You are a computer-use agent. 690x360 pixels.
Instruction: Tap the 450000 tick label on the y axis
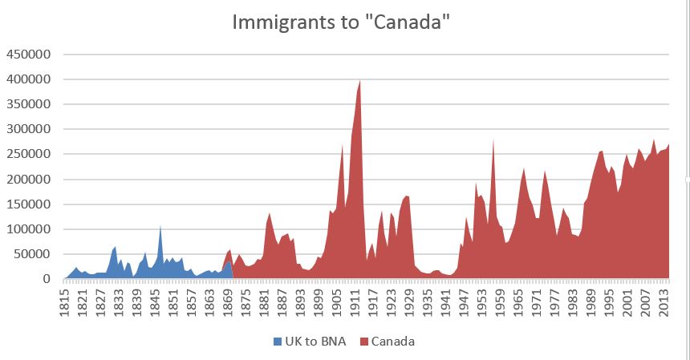point(29,55)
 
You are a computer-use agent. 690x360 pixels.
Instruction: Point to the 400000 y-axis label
point(29,79)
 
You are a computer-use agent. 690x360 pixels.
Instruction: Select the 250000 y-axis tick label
point(29,154)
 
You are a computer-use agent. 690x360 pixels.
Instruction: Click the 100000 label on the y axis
point(29,229)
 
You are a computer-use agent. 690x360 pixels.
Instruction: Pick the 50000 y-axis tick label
point(32,254)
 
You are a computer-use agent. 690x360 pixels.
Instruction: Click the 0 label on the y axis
point(47,279)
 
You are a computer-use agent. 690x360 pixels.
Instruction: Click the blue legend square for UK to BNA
point(278,342)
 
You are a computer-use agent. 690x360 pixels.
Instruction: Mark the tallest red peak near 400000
point(359,82)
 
